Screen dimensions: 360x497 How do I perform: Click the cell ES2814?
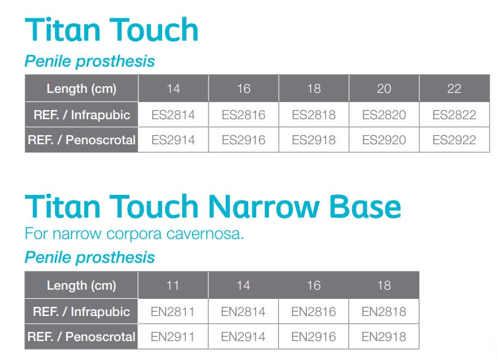(x=173, y=114)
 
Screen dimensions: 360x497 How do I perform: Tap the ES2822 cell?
(x=454, y=114)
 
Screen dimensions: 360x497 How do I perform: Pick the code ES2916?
(x=243, y=140)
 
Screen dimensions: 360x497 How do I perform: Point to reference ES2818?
(x=314, y=114)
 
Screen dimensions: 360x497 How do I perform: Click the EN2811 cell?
(x=173, y=312)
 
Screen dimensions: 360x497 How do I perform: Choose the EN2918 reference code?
(x=384, y=337)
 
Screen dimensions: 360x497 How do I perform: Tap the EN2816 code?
(x=314, y=312)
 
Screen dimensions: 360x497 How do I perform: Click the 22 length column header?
(x=454, y=89)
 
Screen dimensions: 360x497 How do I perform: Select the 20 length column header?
(x=384, y=89)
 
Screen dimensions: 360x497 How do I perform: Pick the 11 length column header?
(x=173, y=285)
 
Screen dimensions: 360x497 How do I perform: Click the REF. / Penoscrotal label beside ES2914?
(x=81, y=140)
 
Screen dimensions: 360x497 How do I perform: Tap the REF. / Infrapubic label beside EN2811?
(x=81, y=312)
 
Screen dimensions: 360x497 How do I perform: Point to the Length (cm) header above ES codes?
(x=81, y=89)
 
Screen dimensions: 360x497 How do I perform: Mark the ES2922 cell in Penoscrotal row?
(x=454, y=140)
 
